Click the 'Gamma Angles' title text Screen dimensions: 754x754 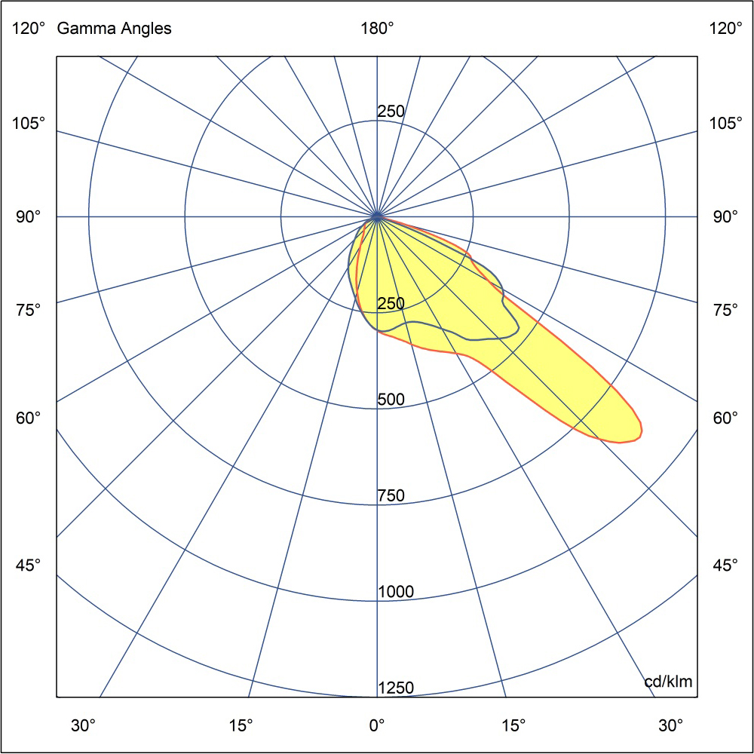pos(115,29)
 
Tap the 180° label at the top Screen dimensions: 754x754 pos(377,29)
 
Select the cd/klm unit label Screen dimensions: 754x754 pos(668,682)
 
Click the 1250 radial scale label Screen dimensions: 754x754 pos(396,688)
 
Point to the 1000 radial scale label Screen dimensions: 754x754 pos(396,591)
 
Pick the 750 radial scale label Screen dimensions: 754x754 pos(391,495)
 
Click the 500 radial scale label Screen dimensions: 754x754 pos(391,400)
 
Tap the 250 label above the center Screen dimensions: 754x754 pos(391,112)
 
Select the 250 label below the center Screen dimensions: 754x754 pos(391,304)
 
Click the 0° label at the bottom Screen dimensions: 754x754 pos(377,725)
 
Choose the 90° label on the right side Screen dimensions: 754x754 pos(725,217)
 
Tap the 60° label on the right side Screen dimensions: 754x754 pos(725,418)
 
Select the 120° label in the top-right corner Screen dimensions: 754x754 pos(725,29)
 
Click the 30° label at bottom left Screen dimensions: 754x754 pos(83,725)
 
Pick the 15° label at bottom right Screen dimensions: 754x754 pos(513,725)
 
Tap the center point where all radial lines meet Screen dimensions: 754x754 pos(377,217)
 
